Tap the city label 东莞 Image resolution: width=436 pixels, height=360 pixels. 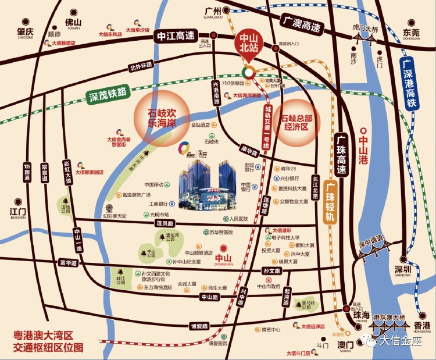coord(411,34)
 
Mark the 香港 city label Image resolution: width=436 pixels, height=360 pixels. coord(423,325)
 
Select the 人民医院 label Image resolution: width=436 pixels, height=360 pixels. coord(238,219)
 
